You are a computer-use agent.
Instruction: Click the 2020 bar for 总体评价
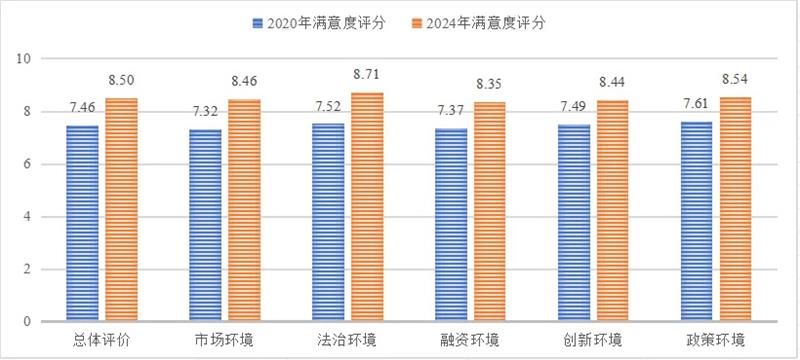tap(82, 223)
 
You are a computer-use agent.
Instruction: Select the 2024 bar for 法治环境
tap(367, 207)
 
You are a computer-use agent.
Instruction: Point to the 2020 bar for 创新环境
tap(574, 223)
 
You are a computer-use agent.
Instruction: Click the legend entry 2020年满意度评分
tap(313, 20)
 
